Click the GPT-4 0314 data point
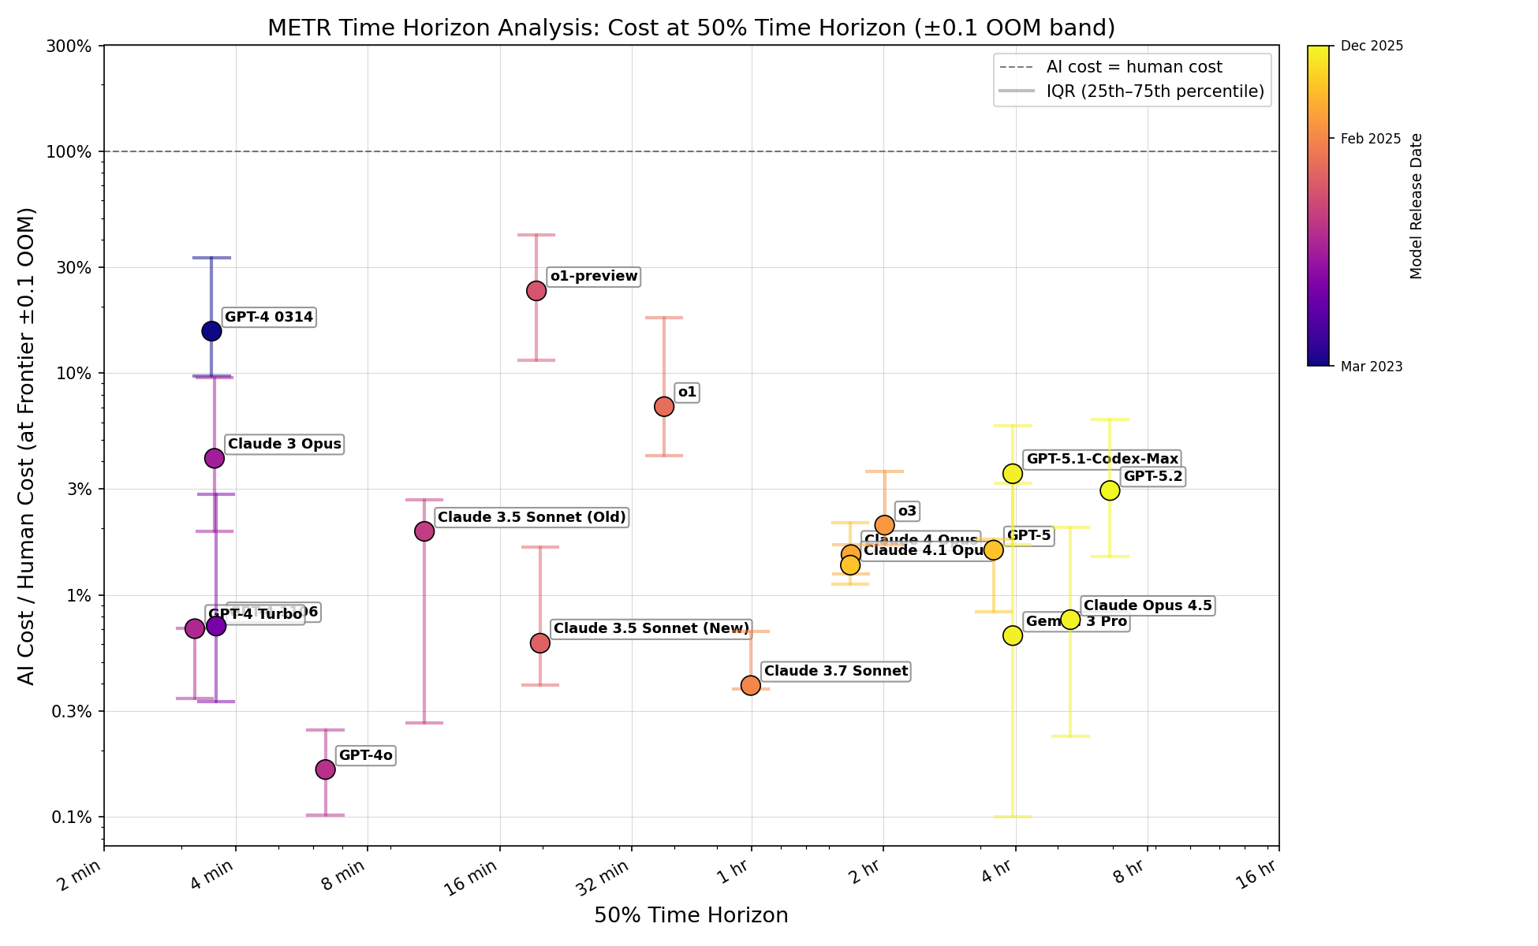[211, 330]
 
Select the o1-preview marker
[536, 291]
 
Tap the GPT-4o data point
[325, 769]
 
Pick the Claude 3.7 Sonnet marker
[751, 685]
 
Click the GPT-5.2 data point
[1110, 490]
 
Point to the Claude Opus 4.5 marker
[1070, 620]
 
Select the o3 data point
[884, 525]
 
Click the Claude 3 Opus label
[284, 445]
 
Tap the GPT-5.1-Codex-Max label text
[1102, 459]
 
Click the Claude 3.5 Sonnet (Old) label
[531, 518]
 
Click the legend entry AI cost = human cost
[1133, 67]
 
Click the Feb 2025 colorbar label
[1371, 139]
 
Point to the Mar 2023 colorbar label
[1371, 367]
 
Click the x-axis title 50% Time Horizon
[691, 915]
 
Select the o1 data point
[664, 407]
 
